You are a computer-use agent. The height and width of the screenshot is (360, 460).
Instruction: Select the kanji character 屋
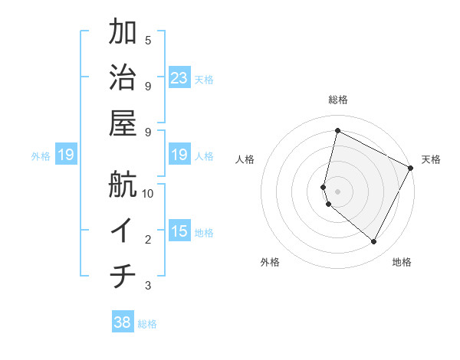coord(123,123)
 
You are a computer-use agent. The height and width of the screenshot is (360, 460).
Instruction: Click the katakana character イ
coord(123,230)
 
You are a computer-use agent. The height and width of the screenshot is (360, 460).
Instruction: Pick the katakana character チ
coord(123,276)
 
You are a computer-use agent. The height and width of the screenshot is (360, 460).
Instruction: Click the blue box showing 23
coord(179,77)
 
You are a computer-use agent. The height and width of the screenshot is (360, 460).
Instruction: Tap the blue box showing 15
coord(179,231)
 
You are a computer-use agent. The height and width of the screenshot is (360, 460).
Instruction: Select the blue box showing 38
coord(123,322)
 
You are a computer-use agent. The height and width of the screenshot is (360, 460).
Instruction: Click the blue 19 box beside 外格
coord(66,155)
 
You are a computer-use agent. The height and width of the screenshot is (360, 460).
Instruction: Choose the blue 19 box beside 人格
coord(179,155)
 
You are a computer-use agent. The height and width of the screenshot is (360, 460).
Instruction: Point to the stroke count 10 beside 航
coord(149,193)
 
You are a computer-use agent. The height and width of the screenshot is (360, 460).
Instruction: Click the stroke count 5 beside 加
coord(148,39)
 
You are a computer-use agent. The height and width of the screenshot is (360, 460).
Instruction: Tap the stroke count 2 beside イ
coord(148,240)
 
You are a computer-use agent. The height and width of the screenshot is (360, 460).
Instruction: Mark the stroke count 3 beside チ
coord(148,286)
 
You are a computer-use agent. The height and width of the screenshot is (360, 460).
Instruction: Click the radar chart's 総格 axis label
coord(337,100)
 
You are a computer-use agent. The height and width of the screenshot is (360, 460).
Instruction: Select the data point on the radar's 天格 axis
coord(411,168)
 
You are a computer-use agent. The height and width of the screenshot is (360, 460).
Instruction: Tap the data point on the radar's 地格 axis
coord(373,242)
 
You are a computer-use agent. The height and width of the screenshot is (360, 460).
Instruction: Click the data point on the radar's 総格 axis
coord(337,131)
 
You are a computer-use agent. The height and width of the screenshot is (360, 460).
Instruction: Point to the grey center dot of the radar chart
coord(337,191)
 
